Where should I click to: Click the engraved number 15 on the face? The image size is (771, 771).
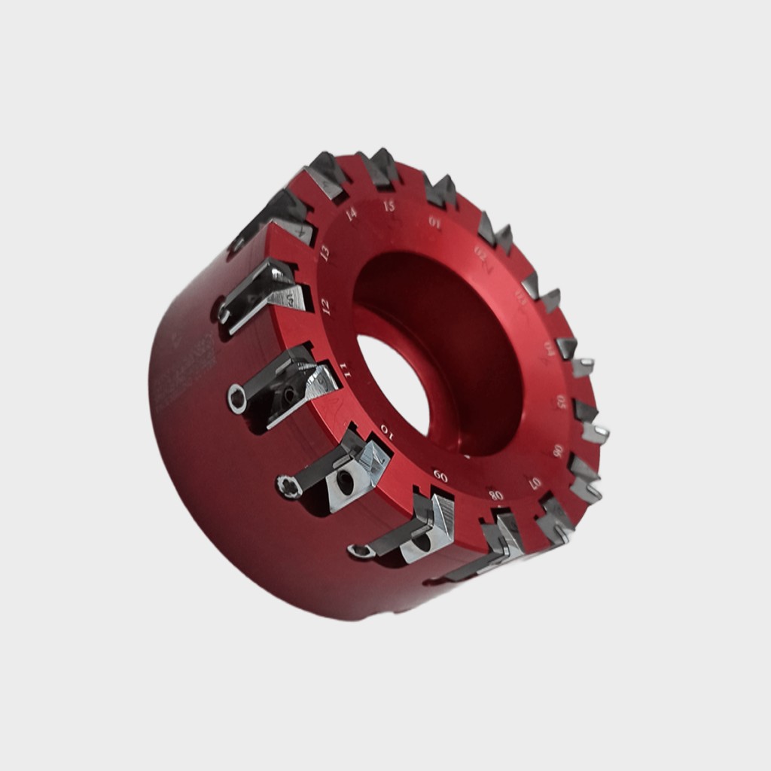(x=389, y=206)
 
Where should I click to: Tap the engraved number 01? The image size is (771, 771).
(x=434, y=221)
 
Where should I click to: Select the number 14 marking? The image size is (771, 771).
(x=351, y=214)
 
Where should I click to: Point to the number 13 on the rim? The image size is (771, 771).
(x=325, y=252)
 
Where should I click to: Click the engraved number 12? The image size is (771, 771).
(x=325, y=306)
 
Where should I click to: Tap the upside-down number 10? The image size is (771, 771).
(x=385, y=430)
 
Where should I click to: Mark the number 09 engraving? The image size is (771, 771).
(x=440, y=476)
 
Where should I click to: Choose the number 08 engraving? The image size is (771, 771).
(x=495, y=495)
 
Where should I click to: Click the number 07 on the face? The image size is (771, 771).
(x=535, y=482)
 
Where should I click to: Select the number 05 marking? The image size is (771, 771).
(x=561, y=401)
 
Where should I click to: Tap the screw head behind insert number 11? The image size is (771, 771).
(x=237, y=398)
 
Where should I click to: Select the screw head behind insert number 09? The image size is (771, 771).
(x=360, y=551)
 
